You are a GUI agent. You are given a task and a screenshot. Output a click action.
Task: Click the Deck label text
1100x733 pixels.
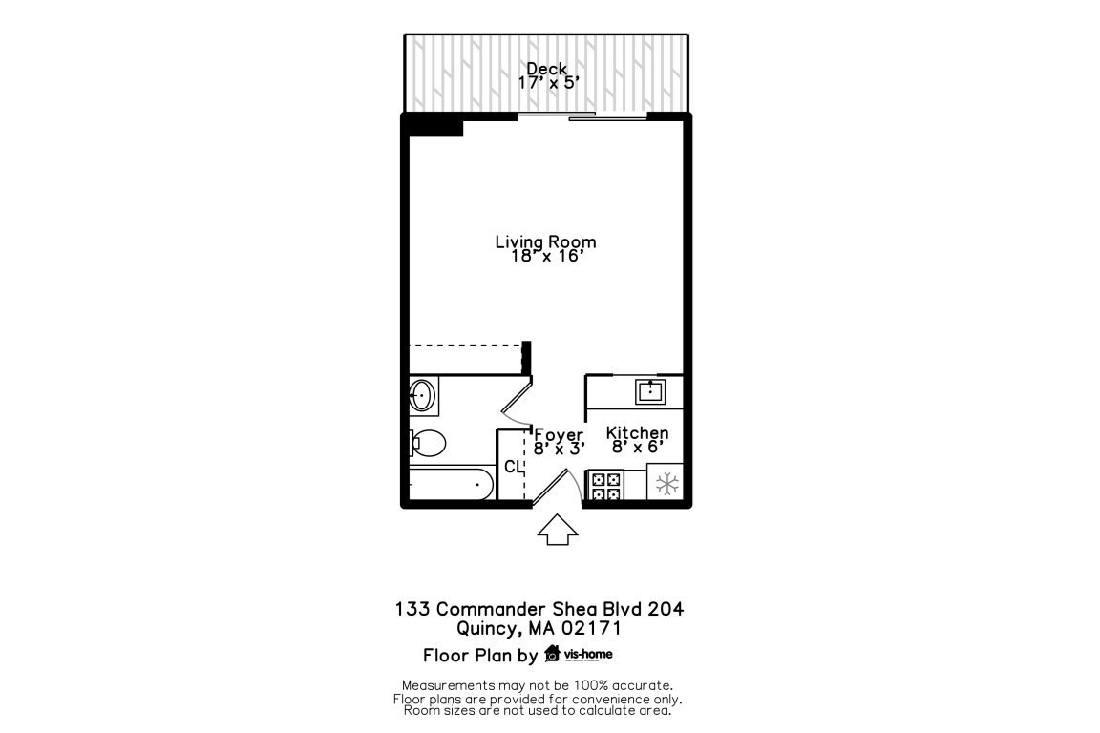pyautogui.click(x=547, y=69)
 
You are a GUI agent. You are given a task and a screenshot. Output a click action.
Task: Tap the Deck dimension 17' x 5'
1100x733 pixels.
pyautogui.click(x=547, y=83)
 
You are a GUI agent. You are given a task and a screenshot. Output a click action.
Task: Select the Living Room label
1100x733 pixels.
pyautogui.click(x=545, y=241)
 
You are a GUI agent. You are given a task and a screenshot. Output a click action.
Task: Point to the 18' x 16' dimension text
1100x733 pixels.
pyautogui.click(x=545, y=257)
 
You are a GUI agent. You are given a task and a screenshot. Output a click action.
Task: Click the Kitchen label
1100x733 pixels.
pyautogui.click(x=637, y=433)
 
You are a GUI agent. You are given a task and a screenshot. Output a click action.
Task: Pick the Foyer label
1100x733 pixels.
pyautogui.click(x=559, y=435)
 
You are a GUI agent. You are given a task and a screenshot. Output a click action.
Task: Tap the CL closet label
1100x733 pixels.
pyautogui.click(x=513, y=467)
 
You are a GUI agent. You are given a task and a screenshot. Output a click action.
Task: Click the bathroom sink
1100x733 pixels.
pyautogui.click(x=423, y=394)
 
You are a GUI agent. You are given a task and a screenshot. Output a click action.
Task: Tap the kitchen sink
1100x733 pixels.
pyautogui.click(x=650, y=390)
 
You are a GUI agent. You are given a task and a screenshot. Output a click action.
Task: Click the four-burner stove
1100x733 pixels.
pyautogui.click(x=604, y=486)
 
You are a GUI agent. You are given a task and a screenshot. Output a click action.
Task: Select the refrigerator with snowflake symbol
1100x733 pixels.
pyautogui.click(x=666, y=484)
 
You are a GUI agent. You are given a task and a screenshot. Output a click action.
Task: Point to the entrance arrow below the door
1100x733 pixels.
pyautogui.click(x=559, y=530)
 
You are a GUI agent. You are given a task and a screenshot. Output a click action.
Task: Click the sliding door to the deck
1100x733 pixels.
pyautogui.click(x=582, y=117)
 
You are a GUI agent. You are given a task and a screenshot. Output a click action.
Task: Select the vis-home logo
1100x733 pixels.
pyautogui.click(x=579, y=654)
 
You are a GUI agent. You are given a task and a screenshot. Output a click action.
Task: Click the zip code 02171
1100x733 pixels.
pyautogui.click(x=591, y=628)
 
